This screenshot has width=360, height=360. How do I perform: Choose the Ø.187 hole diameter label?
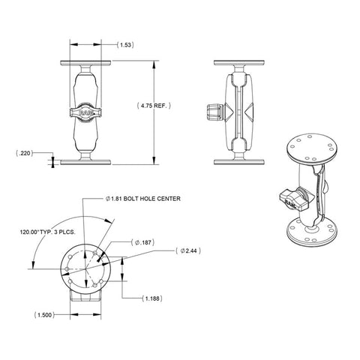(142, 242)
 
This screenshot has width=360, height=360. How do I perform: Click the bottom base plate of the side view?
(241, 160)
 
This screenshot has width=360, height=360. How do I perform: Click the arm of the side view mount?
(241, 112)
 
